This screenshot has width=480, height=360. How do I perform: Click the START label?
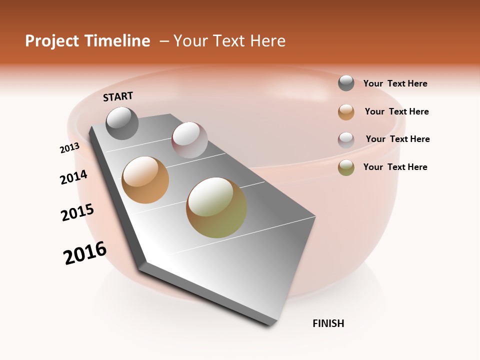point(118,96)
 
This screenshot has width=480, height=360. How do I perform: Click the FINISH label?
point(328,323)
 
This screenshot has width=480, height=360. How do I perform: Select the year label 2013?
point(69,148)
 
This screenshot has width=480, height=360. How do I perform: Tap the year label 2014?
point(73,177)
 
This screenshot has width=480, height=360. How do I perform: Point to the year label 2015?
point(77,212)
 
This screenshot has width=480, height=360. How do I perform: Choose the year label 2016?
point(85,253)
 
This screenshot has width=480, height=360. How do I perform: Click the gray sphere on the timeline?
point(122,123)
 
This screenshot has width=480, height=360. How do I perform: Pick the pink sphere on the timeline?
point(189,139)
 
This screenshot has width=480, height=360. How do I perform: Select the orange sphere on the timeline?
point(145,180)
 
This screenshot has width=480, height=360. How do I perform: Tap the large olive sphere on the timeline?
point(216,207)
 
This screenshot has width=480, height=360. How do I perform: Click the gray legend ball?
point(346,83)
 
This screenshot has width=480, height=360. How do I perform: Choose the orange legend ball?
point(346,112)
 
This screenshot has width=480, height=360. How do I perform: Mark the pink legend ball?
point(346,140)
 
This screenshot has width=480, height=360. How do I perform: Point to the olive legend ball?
point(346,167)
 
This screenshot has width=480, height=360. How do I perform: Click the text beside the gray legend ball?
point(395,83)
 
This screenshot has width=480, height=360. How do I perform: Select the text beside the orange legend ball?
point(396,111)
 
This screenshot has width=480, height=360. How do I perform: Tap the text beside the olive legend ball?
point(395,167)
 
